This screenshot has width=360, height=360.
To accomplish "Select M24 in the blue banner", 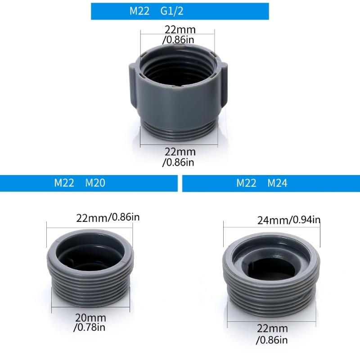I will tap(278, 183).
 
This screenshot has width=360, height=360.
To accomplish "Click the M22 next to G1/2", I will tap(139, 11).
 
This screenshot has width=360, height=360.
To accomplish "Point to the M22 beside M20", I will tap(64, 183).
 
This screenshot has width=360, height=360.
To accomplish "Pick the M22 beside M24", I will tap(247, 183).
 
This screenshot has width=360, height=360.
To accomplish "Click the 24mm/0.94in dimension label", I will tap(288, 220).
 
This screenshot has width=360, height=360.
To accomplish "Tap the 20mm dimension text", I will tap(88, 318).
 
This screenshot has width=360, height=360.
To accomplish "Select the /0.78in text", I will tap(88, 328).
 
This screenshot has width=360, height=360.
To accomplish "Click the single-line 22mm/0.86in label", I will tap(108, 218).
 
